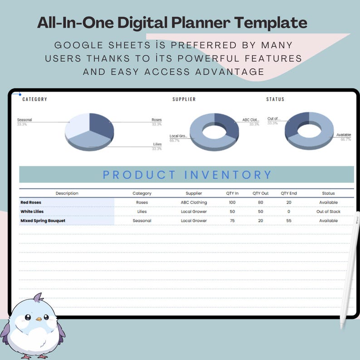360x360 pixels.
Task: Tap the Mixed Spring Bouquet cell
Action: click(x=43, y=221)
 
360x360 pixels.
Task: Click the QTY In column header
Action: click(x=232, y=193)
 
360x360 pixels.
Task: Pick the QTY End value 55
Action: click(x=289, y=221)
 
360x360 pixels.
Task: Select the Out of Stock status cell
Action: click(x=328, y=211)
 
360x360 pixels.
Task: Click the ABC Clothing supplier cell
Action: click(x=194, y=202)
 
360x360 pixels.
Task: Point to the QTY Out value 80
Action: click(x=260, y=202)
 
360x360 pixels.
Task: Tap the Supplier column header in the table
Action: click(x=194, y=193)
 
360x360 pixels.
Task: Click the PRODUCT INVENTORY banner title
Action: click(x=187, y=175)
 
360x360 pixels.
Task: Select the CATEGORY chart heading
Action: click(x=34, y=99)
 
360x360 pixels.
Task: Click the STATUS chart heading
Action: click(x=275, y=99)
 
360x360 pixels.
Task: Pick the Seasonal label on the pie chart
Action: click(x=24, y=120)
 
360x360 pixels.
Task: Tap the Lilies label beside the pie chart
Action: click(x=157, y=145)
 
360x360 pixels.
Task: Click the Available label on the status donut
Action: click(x=343, y=135)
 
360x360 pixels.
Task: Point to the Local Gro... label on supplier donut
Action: click(x=178, y=136)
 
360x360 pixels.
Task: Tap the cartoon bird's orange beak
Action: click(x=39, y=319)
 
